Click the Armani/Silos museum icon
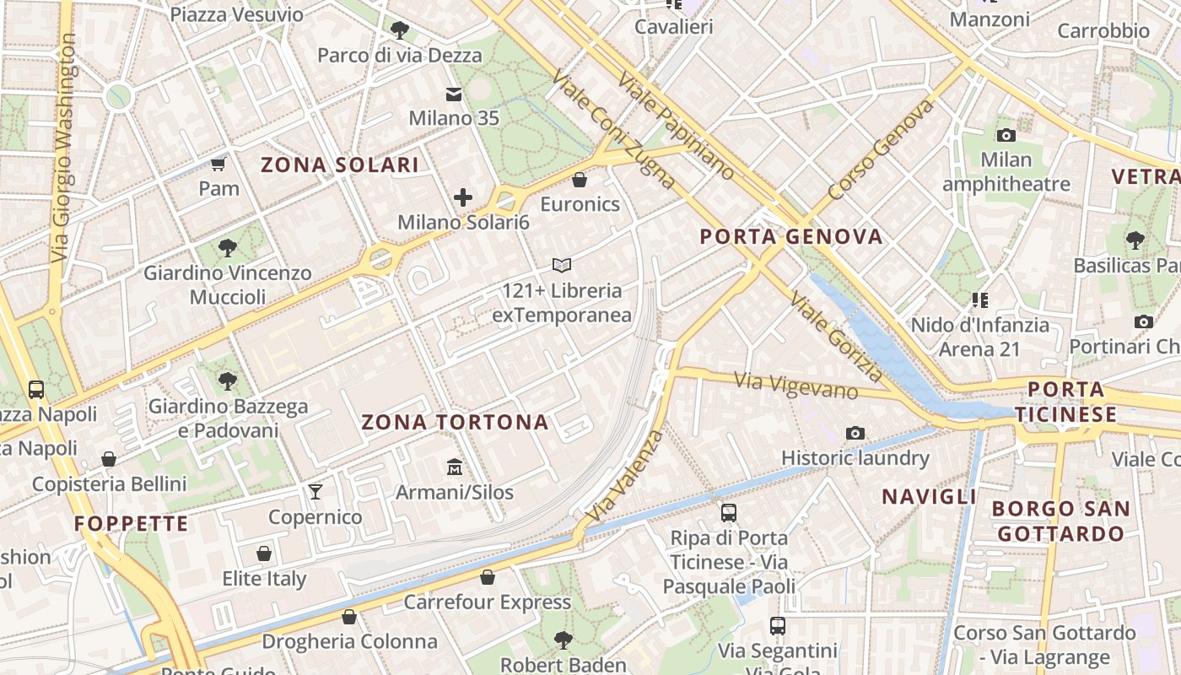pyautogui.click(x=455, y=467)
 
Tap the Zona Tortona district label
pyautogui.click(x=456, y=422)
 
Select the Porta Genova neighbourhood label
pyautogui.click(x=791, y=236)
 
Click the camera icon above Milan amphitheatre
pyautogui.click(x=1006, y=135)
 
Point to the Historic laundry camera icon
pyautogui.click(x=855, y=434)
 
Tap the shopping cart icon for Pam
pyautogui.click(x=219, y=164)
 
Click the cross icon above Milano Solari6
pyautogui.click(x=463, y=198)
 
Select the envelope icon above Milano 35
pyautogui.click(x=455, y=94)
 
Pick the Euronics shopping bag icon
pyautogui.click(x=580, y=180)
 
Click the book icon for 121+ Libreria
pyautogui.click(x=562, y=266)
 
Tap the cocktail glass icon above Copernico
pyautogui.click(x=315, y=492)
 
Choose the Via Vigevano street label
pyautogui.click(x=796, y=386)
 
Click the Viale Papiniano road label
pyautogui.click(x=676, y=125)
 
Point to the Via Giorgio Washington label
pyautogui.click(x=64, y=148)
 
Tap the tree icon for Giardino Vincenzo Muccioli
pyautogui.click(x=227, y=248)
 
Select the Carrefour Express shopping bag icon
pyautogui.click(x=487, y=578)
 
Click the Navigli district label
pyautogui.click(x=930, y=496)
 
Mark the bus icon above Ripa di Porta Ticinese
pyautogui.click(x=728, y=513)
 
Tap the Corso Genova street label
pyautogui.click(x=882, y=150)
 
